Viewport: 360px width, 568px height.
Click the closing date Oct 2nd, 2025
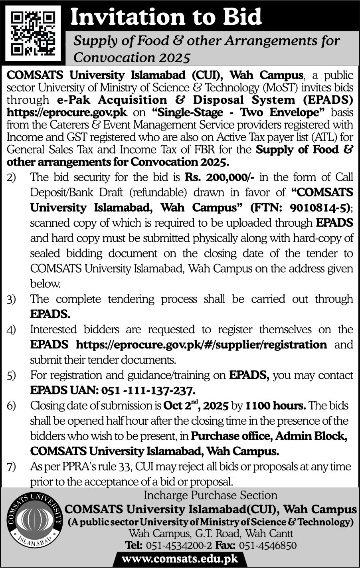click(x=196, y=406)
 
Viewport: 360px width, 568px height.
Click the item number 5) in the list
click(x=11, y=375)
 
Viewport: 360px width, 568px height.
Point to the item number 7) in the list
click(x=11, y=466)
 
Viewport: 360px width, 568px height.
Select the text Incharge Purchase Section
click(x=210, y=496)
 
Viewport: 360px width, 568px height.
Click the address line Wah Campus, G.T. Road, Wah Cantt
click(x=210, y=533)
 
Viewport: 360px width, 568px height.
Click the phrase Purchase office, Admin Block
click(x=268, y=436)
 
